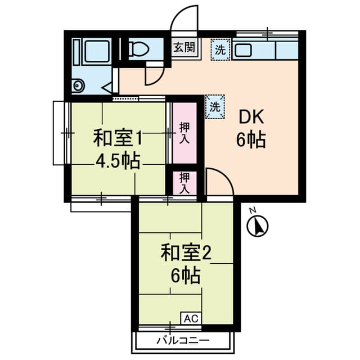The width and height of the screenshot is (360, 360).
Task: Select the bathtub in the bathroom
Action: pos(92,52)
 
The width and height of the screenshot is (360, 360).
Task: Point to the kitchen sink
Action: pos(243,50)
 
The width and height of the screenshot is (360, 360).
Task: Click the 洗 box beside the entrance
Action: pos(220,49)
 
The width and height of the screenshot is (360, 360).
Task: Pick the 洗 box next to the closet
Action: pos(214,106)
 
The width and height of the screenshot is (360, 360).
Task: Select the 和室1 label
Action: pos(116,137)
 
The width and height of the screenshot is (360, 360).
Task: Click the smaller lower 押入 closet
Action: pos(184,183)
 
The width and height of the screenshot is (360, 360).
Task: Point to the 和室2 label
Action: pos(185,253)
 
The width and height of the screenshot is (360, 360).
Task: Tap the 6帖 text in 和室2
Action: pos(185,276)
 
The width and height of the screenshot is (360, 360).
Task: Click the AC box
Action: pos(190,318)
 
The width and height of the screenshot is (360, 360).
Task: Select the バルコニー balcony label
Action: pos(183,340)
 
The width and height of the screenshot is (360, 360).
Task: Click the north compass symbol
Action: pos(258,226)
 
